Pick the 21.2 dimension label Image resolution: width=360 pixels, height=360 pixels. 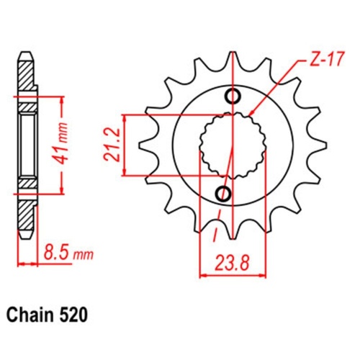click(113, 144)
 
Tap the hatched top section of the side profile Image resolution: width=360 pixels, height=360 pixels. click(25, 76)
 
